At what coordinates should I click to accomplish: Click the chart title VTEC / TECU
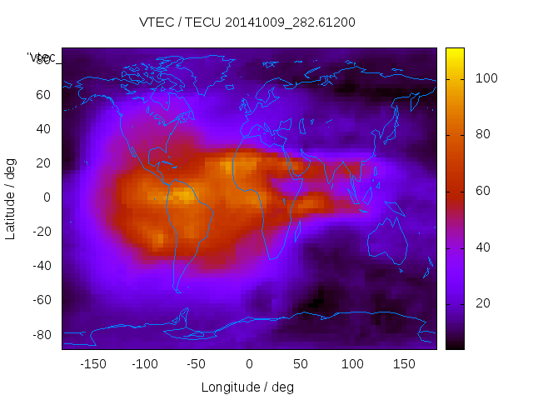[247, 22]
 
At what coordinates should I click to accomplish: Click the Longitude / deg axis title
[247, 387]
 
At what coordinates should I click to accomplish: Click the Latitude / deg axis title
[11, 197]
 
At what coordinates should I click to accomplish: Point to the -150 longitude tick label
[92, 364]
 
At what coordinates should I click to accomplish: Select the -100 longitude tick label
[144, 364]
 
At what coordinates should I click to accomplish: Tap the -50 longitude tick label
[197, 364]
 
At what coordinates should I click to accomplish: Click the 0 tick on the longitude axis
[249, 364]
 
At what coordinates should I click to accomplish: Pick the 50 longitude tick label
[301, 364]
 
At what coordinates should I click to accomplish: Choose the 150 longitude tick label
[405, 364]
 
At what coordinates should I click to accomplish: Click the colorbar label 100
[486, 78]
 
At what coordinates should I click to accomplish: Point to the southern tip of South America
[177, 290]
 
